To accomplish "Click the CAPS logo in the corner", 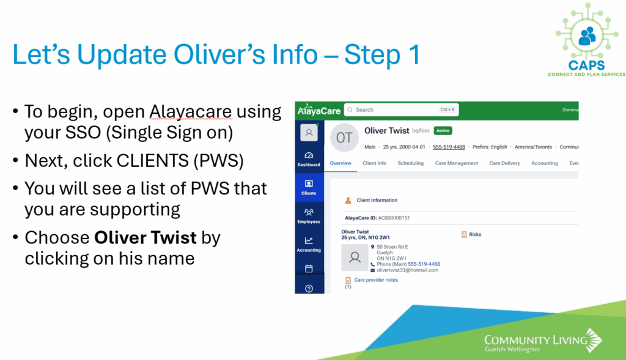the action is pos(587,40).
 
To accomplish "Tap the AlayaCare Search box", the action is pos(401,110).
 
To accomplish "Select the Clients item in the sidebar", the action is pos(309,188).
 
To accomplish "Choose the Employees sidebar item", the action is pos(309,216).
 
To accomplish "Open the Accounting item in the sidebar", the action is pos(309,244).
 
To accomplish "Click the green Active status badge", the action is pos(443,131).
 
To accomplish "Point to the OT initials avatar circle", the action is pos(344,138).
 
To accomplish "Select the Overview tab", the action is pos(341,163).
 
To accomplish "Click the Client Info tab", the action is pos(375,163).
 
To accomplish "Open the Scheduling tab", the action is pos(410,163).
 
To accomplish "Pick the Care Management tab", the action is pos(456,163).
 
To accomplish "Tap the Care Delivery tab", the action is pos(504,163).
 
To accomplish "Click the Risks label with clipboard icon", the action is pos(471,234).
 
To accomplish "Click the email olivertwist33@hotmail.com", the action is pos(407,270).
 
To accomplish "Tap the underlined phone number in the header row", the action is pos(449,147).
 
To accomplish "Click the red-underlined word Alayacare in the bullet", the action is pos(191,112).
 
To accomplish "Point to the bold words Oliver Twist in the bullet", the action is pos(145,238).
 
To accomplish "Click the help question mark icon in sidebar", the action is pos(309,288).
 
